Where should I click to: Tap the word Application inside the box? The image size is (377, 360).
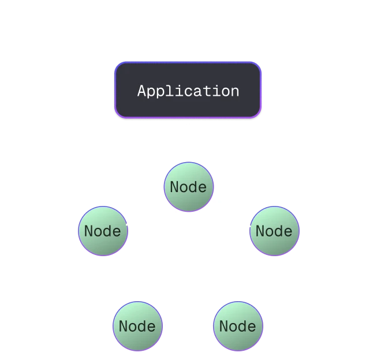coord(188,91)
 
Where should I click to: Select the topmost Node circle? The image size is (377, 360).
coord(189,187)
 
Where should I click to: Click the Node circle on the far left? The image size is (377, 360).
coord(103,231)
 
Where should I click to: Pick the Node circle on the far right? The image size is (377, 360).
coord(274,231)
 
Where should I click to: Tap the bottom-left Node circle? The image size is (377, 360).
coord(137,326)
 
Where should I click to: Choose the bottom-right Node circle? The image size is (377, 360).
coord(238,326)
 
